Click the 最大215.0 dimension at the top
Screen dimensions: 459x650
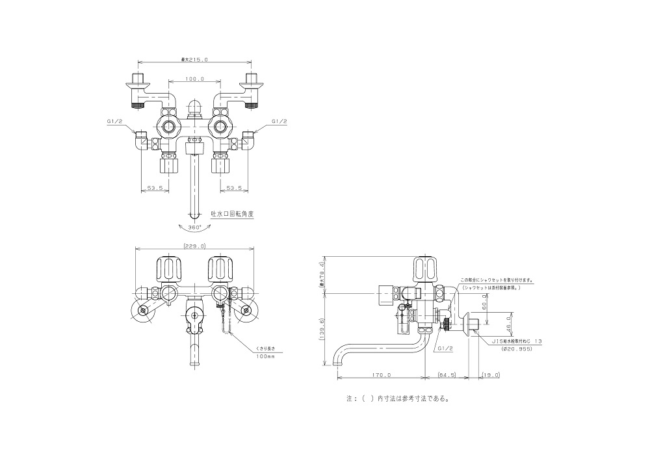194,60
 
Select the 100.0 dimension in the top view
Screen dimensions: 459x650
194,79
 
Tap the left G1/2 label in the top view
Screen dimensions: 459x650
114,121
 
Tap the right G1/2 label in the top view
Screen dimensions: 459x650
278,121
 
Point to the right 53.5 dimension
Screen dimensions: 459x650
234,188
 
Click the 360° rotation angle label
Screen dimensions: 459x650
195,228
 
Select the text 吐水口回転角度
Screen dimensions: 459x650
228,214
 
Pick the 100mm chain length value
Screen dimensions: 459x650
265,357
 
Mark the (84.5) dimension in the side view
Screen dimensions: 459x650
447,374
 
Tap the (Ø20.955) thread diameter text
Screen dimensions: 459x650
517,348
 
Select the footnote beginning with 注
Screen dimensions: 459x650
398,399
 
